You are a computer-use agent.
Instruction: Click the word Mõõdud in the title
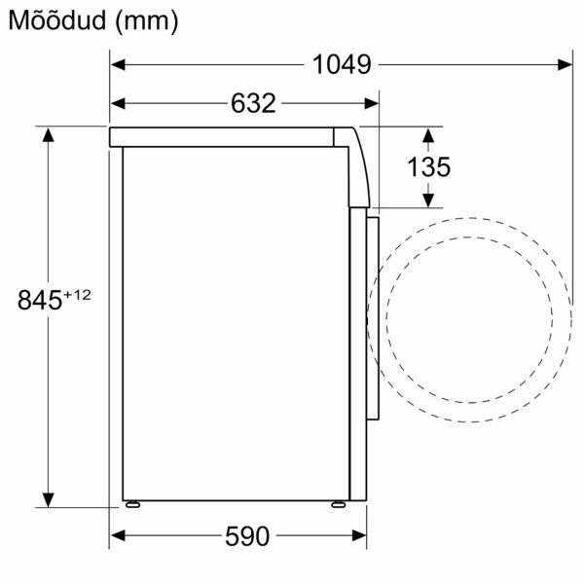(x=55, y=21)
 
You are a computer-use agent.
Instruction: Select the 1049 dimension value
(x=342, y=65)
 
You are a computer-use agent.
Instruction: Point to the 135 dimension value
(x=429, y=166)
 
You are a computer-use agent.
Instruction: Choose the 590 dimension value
(x=245, y=536)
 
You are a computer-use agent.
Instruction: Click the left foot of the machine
(x=131, y=504)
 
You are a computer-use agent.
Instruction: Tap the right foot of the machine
(x=337, y=504)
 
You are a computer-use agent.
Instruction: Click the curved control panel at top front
(x=358, y=165)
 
